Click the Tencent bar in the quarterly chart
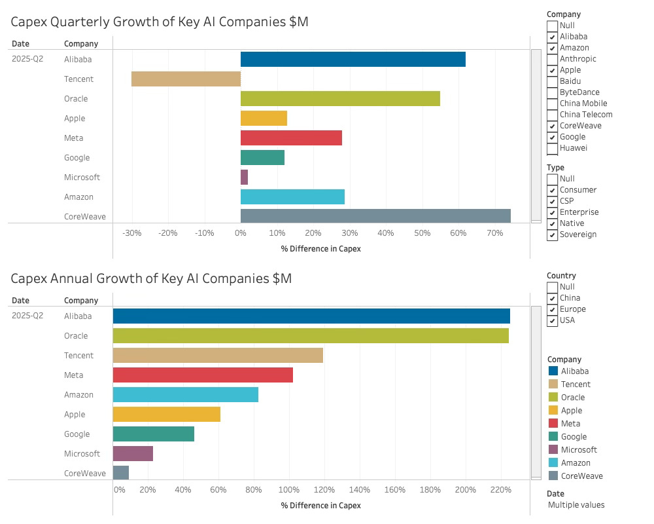click(186, 79)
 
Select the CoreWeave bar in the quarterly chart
click(375, 215)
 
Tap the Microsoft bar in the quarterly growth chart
click(244, 177)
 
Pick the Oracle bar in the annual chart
click(311, 335)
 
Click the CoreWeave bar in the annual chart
click(121, 472)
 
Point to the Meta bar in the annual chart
click(203, 375)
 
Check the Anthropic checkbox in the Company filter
click(553, 59)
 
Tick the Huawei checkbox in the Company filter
click(553, 148)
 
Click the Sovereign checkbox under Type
click(553, 234)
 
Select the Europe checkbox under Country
click(553, 309)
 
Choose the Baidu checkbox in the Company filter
click(553, 81)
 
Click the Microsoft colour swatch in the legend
click(553, 449)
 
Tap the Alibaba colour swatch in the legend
click(553, 371)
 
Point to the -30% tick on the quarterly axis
click(131, 233)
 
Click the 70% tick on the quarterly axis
click(494, 233)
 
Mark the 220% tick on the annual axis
click(500, 490)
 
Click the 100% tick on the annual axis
click(289, 490)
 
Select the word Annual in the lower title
click(120, 278)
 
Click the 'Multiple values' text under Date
click(576, 505)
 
